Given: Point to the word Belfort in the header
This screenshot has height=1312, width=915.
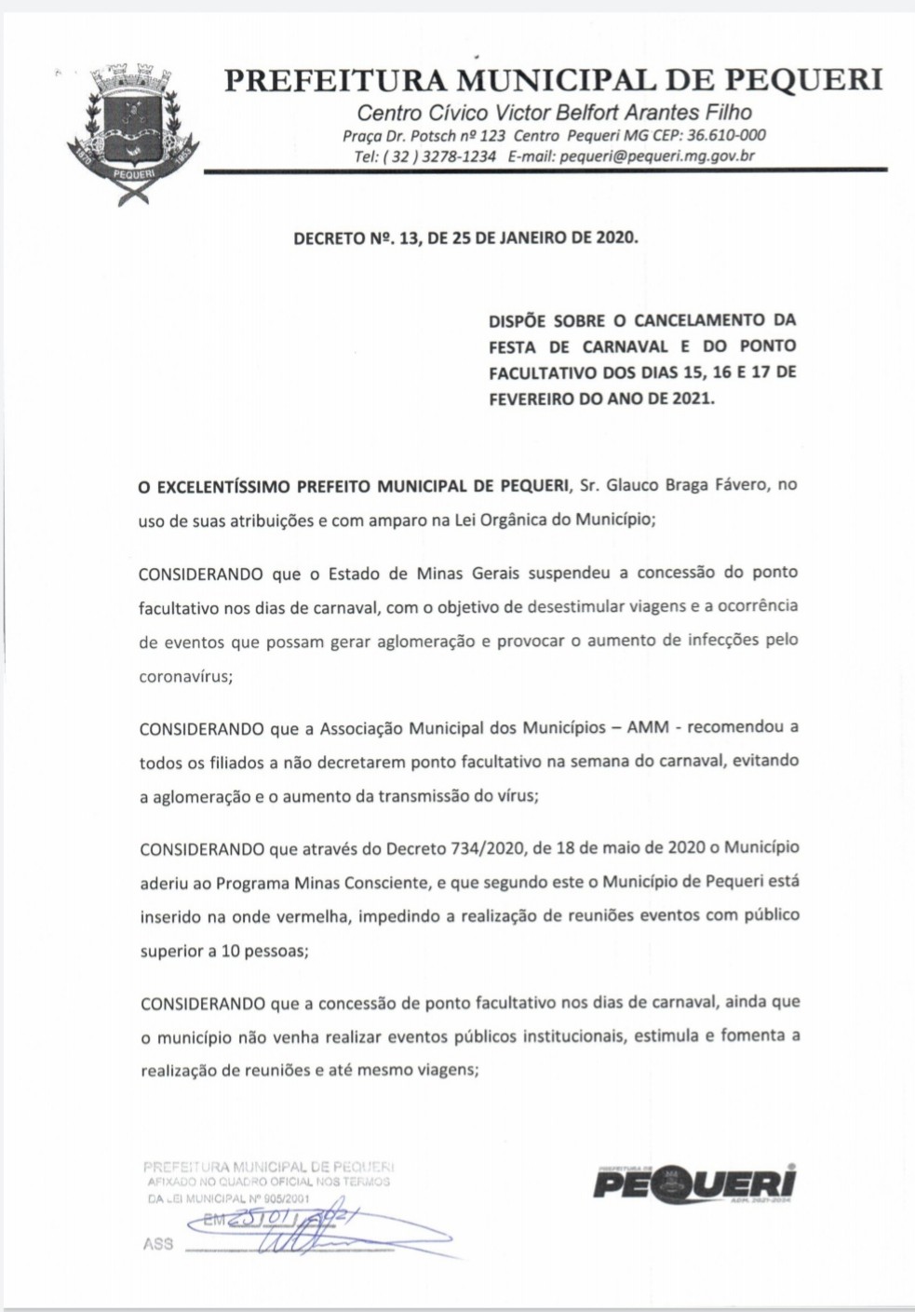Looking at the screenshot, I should click(576, 114).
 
